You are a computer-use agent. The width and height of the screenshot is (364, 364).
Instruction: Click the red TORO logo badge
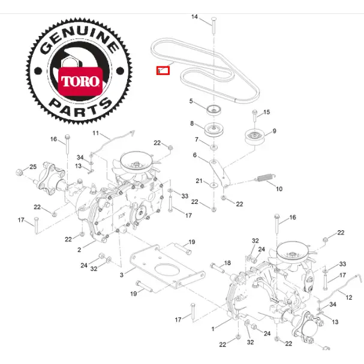point(79,80)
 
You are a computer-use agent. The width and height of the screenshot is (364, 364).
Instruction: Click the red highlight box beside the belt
point(163,70)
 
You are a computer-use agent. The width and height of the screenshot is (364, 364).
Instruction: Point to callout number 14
point(194,17)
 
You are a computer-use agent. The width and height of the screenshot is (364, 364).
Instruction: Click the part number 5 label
point(191,101)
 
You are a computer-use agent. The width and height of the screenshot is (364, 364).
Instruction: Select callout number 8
point(192,124)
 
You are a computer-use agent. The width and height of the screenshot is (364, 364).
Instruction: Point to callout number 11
point(95,133)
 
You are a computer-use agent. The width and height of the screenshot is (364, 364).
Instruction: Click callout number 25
point(33,167)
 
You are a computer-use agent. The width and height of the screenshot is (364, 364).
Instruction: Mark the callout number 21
point(198,181)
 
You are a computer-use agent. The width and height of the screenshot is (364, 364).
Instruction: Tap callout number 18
point(227,263)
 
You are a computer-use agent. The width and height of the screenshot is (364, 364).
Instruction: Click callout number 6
point(195,155)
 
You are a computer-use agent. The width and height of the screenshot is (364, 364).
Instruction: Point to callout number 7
point(195,140)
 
